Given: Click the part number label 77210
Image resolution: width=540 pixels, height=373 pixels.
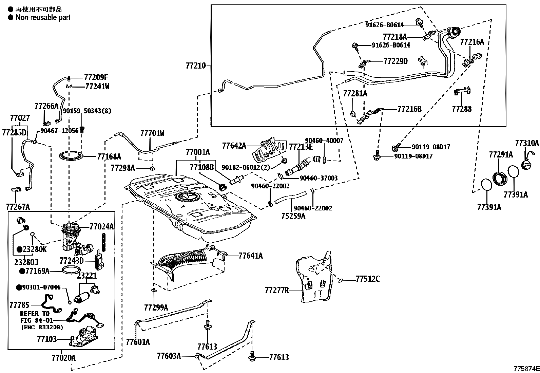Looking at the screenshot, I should tap(196, 66).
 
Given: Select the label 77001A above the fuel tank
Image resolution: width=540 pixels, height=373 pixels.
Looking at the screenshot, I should tap(197, 152).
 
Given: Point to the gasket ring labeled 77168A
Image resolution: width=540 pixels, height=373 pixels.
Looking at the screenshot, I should tap(71, 156).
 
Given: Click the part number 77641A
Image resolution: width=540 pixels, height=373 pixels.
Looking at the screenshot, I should tap(251, 256).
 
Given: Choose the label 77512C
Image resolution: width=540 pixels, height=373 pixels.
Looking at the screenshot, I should tap(368, 279).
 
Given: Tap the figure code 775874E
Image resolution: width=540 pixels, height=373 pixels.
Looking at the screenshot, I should tap(526, 369).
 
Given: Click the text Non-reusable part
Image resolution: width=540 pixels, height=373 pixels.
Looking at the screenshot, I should tap(43, 17).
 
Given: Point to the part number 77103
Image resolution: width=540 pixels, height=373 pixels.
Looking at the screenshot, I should tap(47, 339).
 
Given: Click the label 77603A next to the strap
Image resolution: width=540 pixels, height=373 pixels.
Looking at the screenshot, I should tap(169, 356).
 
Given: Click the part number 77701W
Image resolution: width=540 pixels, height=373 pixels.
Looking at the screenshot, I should tap(152, 133).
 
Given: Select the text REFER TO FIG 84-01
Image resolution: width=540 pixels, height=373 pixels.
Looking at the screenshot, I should tap(35, 317).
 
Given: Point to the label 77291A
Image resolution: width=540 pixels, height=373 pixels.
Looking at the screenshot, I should tap(501, 155).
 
